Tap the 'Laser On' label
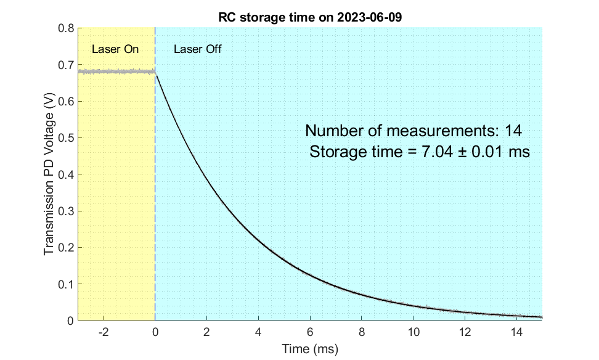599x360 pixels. [115, 49]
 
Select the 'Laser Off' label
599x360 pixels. [197, 49]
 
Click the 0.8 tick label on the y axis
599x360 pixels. [65, 28]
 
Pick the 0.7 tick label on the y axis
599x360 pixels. [65, 65]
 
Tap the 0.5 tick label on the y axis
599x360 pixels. [65, 138]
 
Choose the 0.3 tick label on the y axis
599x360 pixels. [65, 211]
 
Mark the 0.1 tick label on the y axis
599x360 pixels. [65, 284]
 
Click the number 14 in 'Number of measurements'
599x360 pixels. [514, 131]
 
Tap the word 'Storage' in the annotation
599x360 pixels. [336, 152]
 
